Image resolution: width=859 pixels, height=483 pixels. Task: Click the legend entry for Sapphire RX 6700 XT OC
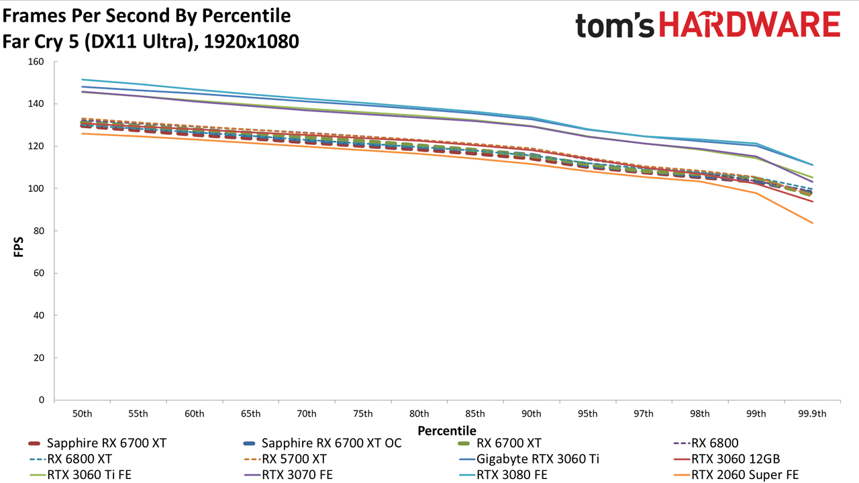323,443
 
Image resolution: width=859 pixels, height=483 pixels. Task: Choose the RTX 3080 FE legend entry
503,475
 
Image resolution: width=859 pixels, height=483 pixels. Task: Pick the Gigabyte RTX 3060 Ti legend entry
529,459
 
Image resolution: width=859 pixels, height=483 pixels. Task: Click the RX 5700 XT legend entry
285,459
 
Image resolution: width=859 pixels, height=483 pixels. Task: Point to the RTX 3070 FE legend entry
289,475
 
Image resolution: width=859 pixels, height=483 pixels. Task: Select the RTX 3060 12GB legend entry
727,459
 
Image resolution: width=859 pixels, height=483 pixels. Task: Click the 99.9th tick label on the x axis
812,414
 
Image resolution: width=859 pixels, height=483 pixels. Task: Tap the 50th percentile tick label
82,414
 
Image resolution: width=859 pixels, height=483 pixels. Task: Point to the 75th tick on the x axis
363,414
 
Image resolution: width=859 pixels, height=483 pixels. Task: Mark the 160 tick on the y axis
36,62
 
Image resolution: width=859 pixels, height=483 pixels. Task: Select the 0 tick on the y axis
42,400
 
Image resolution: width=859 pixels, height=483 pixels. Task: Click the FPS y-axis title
18,247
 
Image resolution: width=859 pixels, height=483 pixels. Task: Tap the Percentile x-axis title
447,431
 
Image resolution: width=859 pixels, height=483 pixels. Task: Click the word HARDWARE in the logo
750,25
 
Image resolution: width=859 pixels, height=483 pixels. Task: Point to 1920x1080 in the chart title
251,42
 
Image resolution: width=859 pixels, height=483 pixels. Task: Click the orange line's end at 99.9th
812,223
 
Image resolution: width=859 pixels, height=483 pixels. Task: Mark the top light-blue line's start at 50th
82,79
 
